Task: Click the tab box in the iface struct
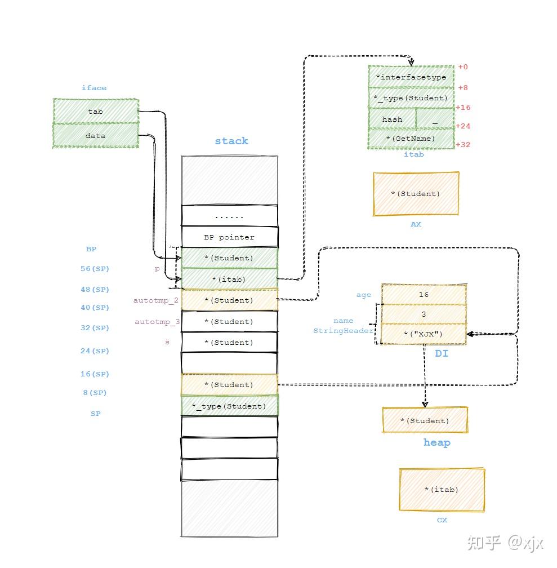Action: [96, 111]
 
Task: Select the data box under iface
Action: [96, 136]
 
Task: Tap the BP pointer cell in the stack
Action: [229, 237]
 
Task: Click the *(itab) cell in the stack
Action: [229, 279]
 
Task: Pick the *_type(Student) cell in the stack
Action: [229, 406]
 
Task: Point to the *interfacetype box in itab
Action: [411, 77]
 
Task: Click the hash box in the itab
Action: [392, 119]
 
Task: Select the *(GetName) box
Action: [411, 139]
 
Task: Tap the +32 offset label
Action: [462, 145]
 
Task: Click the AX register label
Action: [416, 224]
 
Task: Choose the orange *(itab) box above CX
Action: [442, 490]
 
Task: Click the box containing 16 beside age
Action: [424, 295]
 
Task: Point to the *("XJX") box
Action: [424, 334]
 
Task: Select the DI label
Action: [442, 354]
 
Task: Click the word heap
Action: [436, 443]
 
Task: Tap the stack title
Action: [231, 141]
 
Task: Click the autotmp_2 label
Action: [156, 300]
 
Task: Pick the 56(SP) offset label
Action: [95, 269]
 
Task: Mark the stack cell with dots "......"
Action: [229, 216]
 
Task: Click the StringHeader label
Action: [342, 331]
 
